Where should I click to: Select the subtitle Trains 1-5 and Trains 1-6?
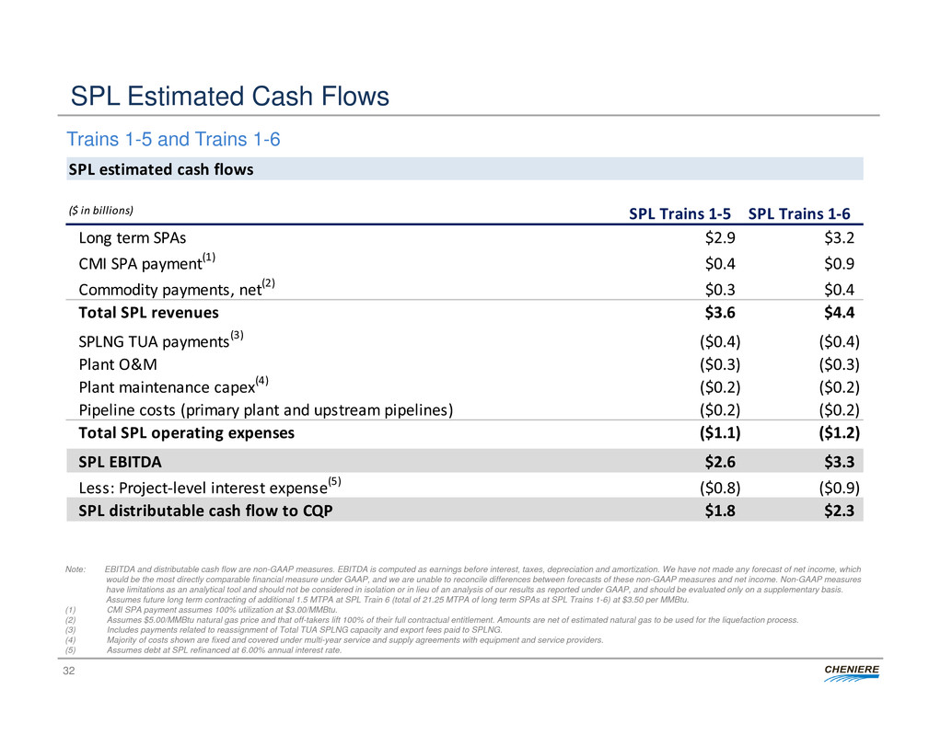173,140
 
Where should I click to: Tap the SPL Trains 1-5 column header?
680,213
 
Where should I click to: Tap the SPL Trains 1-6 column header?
799,213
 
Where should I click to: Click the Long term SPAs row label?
133,237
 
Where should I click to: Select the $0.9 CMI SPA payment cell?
843,264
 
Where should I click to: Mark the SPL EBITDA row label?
120,460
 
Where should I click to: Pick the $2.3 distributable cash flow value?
843,510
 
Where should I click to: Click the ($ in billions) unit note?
101,210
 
